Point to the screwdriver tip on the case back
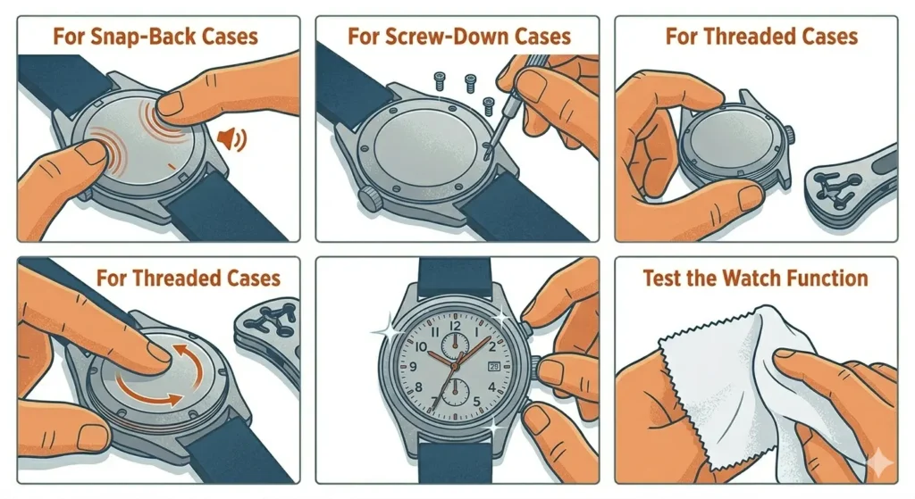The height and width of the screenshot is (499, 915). (x=485, y=154)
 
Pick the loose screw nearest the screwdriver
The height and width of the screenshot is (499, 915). (x=488, y=105)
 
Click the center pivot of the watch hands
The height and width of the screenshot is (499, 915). (x=456, y=364)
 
